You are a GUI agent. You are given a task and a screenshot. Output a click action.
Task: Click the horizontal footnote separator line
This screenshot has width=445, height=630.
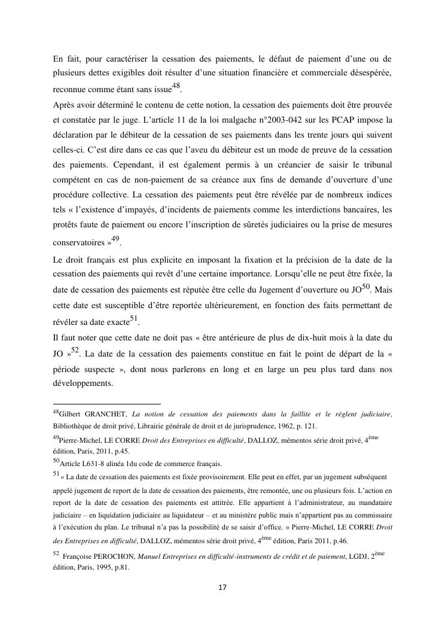pyautogui.click(x=107, y=404)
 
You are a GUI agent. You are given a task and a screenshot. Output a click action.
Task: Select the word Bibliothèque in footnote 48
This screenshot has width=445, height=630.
pyautogui.click(x=74, y=426)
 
